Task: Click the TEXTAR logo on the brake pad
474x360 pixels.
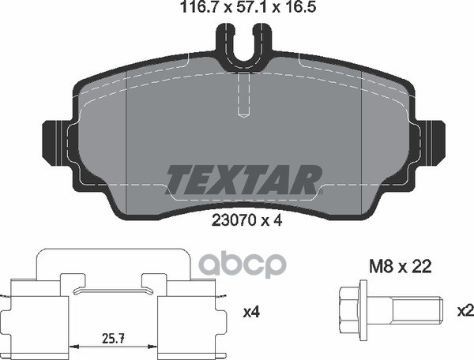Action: (243, 179)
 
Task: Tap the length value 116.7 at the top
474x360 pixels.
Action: (202, 7)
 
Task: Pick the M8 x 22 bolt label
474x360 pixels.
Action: (401, 267)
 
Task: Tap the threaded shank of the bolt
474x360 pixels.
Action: (417, 309)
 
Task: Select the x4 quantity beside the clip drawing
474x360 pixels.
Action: (251, 313)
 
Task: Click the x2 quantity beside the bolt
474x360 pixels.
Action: (466, 311)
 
